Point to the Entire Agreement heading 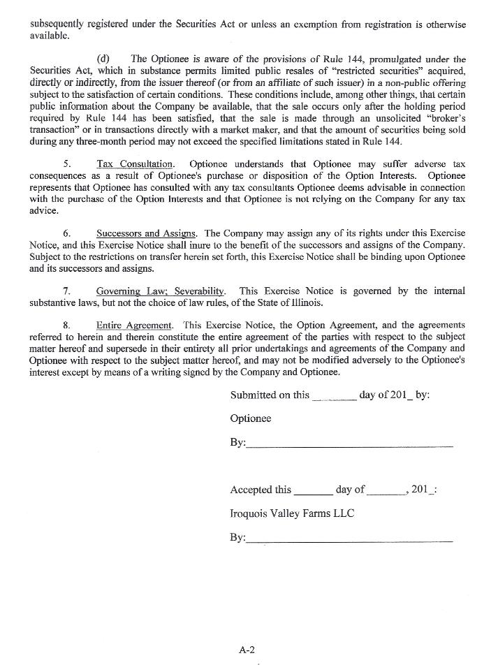click(134, 326)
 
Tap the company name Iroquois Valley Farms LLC click(292, 513)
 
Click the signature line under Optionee click(349, 445)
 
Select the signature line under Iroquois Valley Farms click(349, 540)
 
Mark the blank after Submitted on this click(335, 396)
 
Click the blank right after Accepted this click(313, 490)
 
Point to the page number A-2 click(247, 650)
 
